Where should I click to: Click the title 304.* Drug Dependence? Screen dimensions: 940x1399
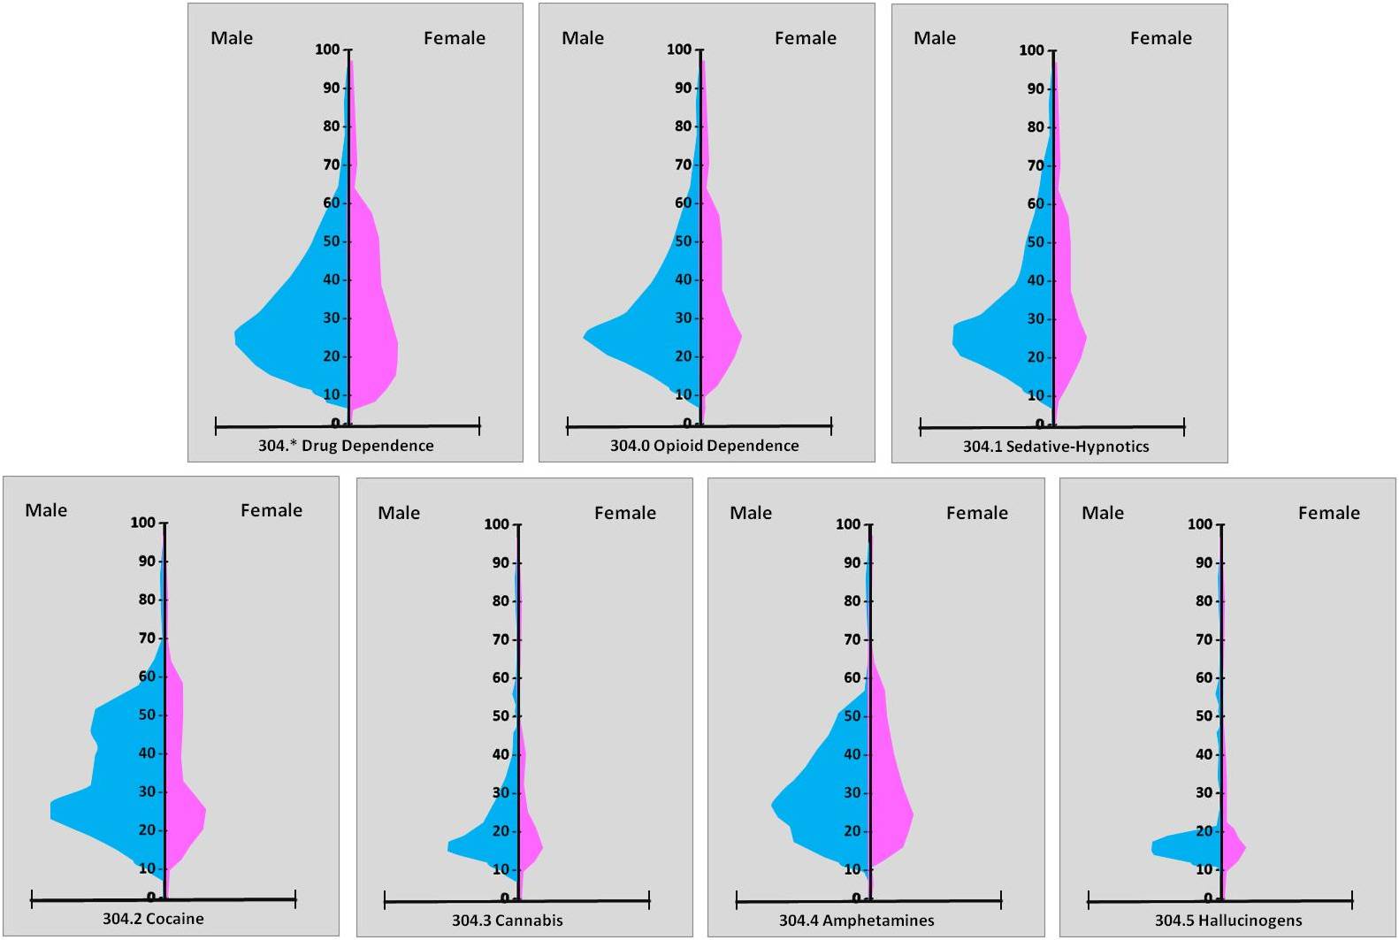coord(346,446)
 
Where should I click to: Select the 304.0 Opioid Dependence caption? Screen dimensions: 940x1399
coord(704,446)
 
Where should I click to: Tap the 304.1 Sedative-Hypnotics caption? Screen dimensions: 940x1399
coord(1056,447)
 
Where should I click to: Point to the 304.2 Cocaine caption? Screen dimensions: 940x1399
coord(153,919)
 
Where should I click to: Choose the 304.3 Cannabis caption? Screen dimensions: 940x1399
coord(508,921)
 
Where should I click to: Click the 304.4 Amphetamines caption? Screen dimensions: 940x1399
coord(856,921)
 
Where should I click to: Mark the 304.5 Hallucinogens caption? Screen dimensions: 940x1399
coord(1228,921)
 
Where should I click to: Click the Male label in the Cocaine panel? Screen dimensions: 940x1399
coord(46,510)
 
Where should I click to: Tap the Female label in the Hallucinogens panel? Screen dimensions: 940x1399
coord(1328,513)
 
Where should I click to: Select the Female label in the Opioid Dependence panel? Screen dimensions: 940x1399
coord(805,38)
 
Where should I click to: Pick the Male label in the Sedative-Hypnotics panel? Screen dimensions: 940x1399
coord(934,38)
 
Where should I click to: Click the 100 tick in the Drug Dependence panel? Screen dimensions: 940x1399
coord(328,50)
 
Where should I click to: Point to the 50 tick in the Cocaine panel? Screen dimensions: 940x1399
coord(147,715)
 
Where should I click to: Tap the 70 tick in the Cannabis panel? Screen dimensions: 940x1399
coord(501,639)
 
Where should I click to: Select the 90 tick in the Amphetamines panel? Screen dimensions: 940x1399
coord(852,562)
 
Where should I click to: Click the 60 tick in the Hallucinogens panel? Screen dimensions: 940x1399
coord(1204,677)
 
